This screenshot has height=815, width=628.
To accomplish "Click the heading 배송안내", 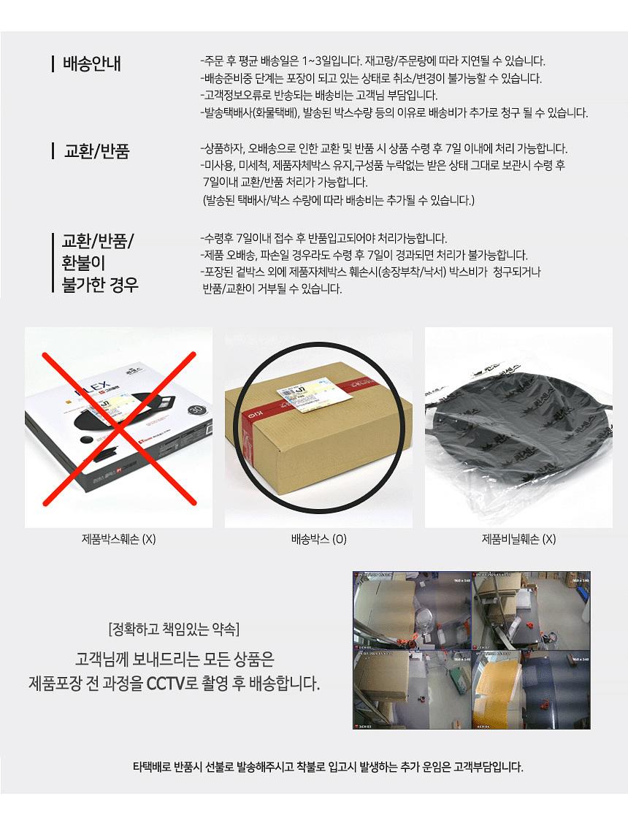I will coord(92,64).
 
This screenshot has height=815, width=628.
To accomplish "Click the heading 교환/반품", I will coord(97,151).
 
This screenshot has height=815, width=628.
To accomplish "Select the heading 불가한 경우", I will coord(100,283).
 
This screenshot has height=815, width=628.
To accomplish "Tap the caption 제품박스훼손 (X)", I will coord(119,540).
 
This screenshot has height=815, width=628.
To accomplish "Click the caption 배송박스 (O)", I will coord(318,540).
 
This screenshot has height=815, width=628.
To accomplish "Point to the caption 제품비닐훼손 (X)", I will coord(518,540).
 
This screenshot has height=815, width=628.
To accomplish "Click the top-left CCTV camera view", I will coord(412,611).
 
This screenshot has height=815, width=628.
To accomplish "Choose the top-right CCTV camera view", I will coord(531,611).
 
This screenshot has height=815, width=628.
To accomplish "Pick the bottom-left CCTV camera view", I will coord(412,689).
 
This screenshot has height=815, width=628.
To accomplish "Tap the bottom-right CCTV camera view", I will coord(531,689).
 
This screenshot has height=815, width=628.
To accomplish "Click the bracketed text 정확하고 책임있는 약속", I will coord(173,629).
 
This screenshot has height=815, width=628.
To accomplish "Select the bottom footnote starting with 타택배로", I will coord(328,767).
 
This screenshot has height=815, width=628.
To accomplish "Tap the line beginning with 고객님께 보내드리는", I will coord(175,660).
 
